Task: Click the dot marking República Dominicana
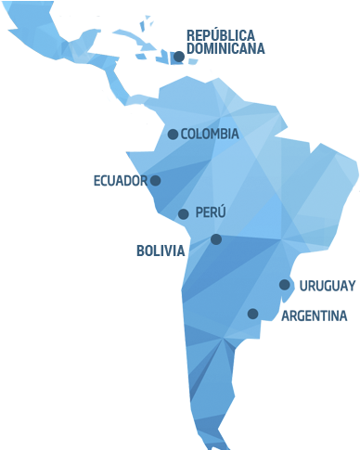click(x=178, y=57)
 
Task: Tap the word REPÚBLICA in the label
click(x=221, y=34)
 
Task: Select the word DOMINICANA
click(x=225, y=48)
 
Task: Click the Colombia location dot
click(x=173, y=135)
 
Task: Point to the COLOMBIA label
click(x=210, y=134)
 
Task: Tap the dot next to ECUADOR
click(x=155, y=181)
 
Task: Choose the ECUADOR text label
click(x=120, y=180)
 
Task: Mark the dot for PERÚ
click(x=183, y=214)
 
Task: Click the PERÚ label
click(x=211, y=213)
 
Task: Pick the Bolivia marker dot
click(x=216, y=239)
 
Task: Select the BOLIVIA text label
click(x=161, y=251)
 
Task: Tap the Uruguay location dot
click(x=285, y=285)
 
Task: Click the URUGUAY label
click(x=328, y=285)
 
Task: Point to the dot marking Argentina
click(x=252, y=314)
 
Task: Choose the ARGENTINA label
click(x=314, y=316)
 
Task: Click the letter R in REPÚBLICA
click(x=191, y=34)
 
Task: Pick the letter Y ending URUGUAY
click(x=351, y=285)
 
